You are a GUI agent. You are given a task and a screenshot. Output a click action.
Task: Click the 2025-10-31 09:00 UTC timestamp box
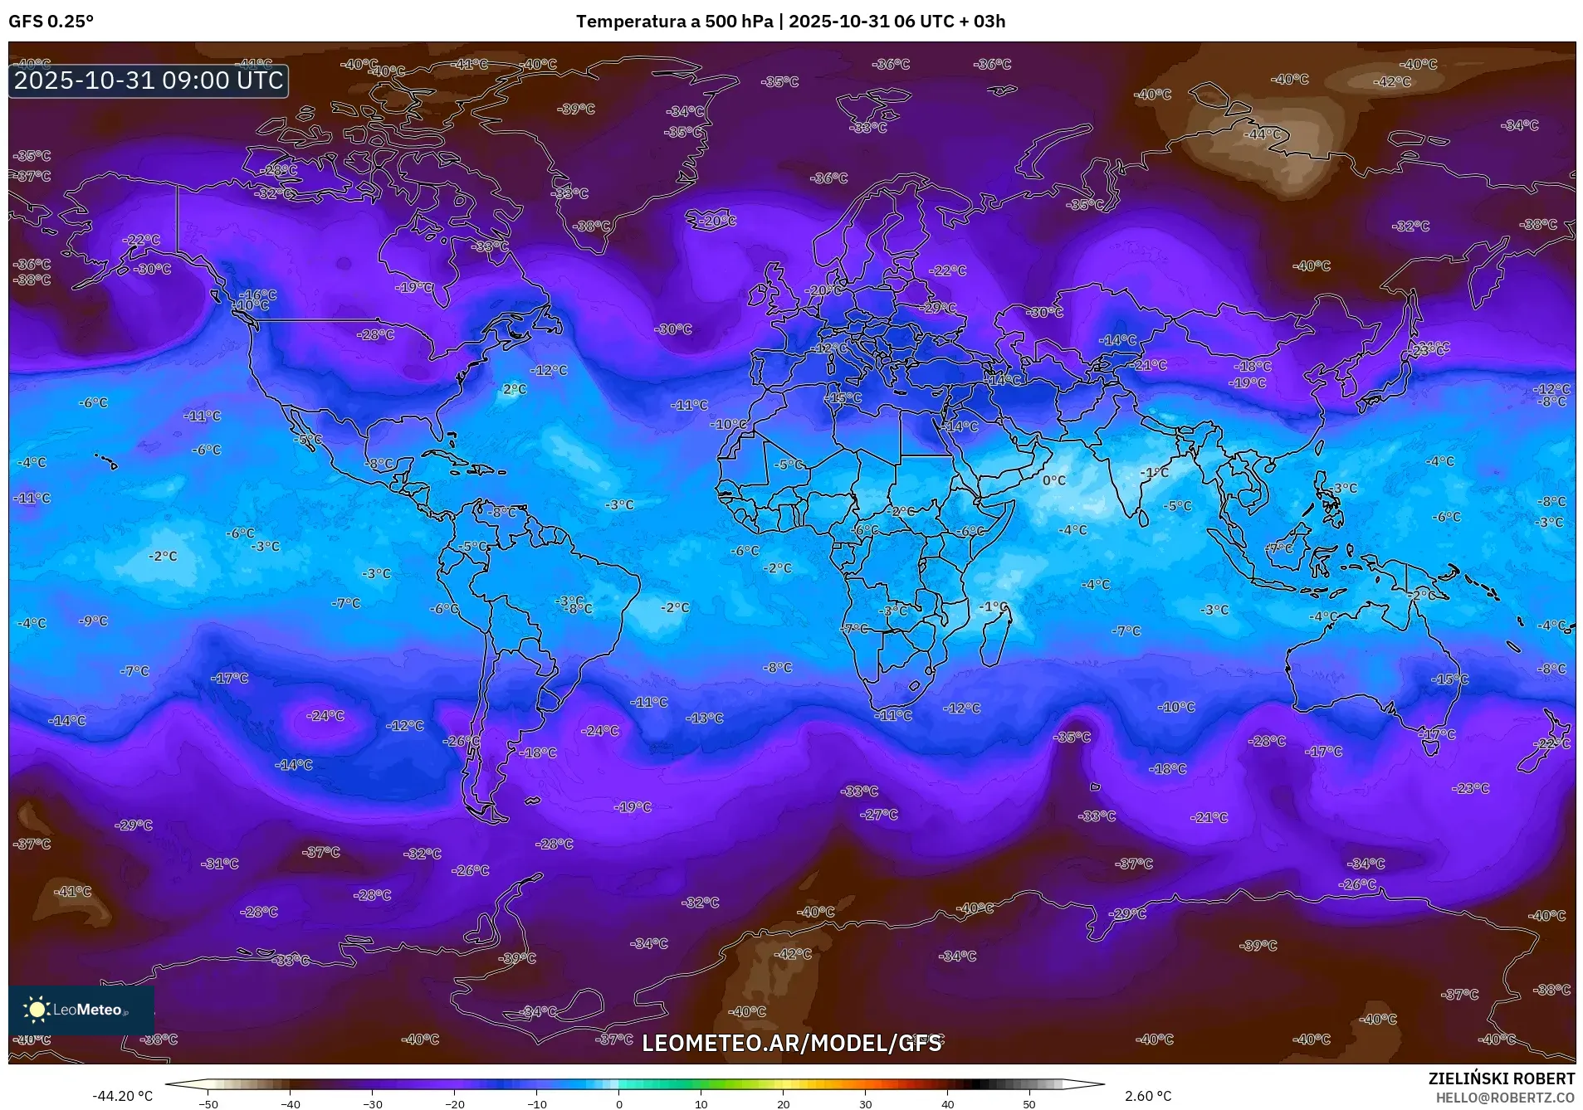tap(149, 80)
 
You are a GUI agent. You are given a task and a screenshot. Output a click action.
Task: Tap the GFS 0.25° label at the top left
tap(51, 22)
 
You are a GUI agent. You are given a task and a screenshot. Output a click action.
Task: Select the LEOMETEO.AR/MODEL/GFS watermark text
tap(791, 1043)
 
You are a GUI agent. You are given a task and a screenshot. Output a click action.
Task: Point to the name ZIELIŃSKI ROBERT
tap(1501, 1078)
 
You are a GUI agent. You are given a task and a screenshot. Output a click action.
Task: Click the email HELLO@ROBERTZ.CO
tap(1505, 1098)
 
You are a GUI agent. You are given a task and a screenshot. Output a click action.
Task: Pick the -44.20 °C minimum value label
tap(122, 1096)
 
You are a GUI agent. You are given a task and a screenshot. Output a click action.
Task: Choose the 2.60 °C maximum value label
tap(1148, 1096)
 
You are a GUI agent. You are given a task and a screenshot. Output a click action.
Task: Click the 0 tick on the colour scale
tap(618, 1104)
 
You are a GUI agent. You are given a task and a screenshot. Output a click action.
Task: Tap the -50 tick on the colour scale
tap(208, 1104)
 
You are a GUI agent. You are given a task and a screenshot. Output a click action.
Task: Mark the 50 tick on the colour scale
tap(1028, 1104)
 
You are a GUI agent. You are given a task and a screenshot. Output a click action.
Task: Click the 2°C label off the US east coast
tap(515, 389)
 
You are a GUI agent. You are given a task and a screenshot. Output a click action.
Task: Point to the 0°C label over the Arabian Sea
tap(1054, 480)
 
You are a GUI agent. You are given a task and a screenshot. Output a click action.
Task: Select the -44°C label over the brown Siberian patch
tap(1265, 134)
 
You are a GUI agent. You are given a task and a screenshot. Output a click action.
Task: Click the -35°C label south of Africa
tap(1072, 737)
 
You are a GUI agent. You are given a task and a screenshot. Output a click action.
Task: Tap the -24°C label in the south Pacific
tap(325, 715)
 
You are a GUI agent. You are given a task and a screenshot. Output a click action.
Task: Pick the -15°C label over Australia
tap(1449, 679)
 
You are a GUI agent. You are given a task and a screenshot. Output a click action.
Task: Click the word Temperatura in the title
tap(630, 22)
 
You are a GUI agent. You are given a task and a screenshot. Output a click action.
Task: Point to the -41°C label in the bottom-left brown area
tap(73, 891)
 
